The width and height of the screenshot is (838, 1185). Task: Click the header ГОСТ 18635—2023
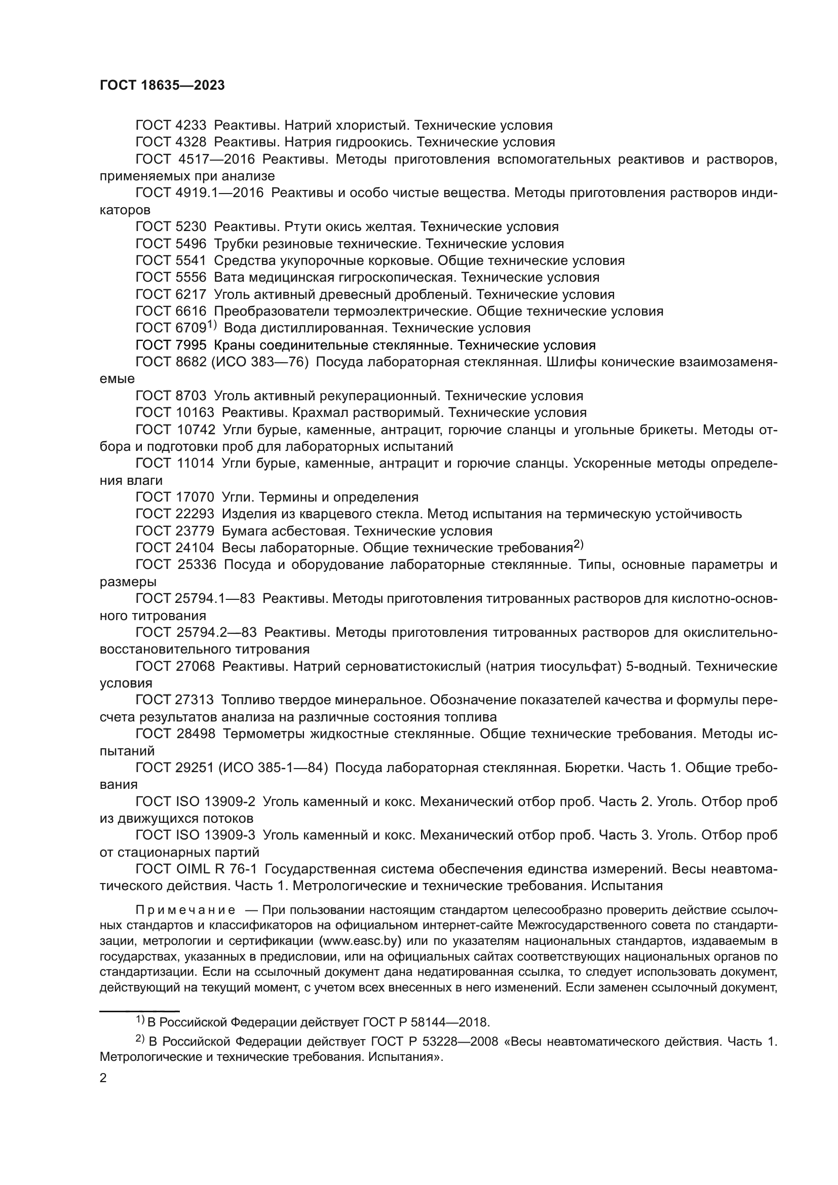[162, 86]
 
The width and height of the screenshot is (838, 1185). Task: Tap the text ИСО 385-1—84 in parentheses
[274, 768]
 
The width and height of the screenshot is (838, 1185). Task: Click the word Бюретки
[594, 768]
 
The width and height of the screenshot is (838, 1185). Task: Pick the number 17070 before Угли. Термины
[192, 498]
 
